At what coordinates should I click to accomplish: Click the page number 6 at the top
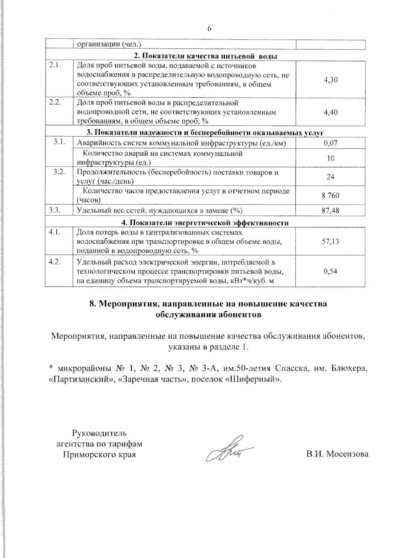209,29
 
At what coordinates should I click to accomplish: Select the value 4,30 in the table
331,80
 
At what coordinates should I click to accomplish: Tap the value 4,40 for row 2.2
331,112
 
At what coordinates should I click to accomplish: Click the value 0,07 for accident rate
331,143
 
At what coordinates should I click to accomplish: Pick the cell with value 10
331,158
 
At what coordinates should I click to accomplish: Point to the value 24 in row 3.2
331,177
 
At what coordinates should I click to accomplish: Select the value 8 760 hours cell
331,196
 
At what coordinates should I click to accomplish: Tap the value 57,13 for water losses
331,242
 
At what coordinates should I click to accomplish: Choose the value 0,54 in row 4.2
331,272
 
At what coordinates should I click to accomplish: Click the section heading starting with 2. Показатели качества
206,56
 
